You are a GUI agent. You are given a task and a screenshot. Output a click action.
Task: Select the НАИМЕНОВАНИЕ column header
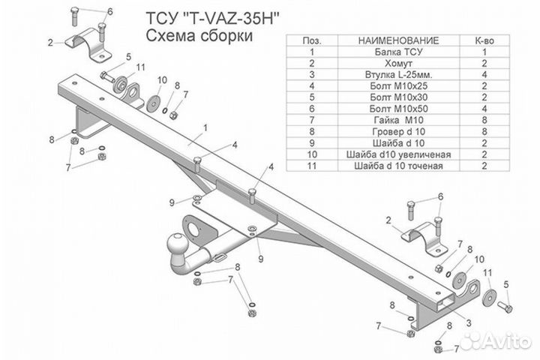[x=399, y=40]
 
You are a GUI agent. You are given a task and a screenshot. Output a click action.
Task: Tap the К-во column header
[x=485, y=40]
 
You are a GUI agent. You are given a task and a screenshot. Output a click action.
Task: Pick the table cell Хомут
[x=399, y=64]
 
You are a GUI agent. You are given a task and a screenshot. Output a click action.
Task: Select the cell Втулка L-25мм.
[x=399, y=76]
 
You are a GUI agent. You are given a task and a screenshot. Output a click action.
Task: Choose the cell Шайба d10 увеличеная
[x=399, y=154]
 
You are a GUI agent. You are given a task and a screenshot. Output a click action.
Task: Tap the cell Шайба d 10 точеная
[x=399, y=166]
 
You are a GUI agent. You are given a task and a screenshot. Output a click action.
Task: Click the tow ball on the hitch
[x=178, y=244]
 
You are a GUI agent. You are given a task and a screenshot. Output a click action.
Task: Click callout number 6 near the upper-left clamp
[x=109, y=13]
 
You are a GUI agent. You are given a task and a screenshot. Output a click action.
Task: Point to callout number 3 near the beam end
[x=469, y=322]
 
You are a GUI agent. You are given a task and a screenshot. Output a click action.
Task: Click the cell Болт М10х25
[x=399, y=87]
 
